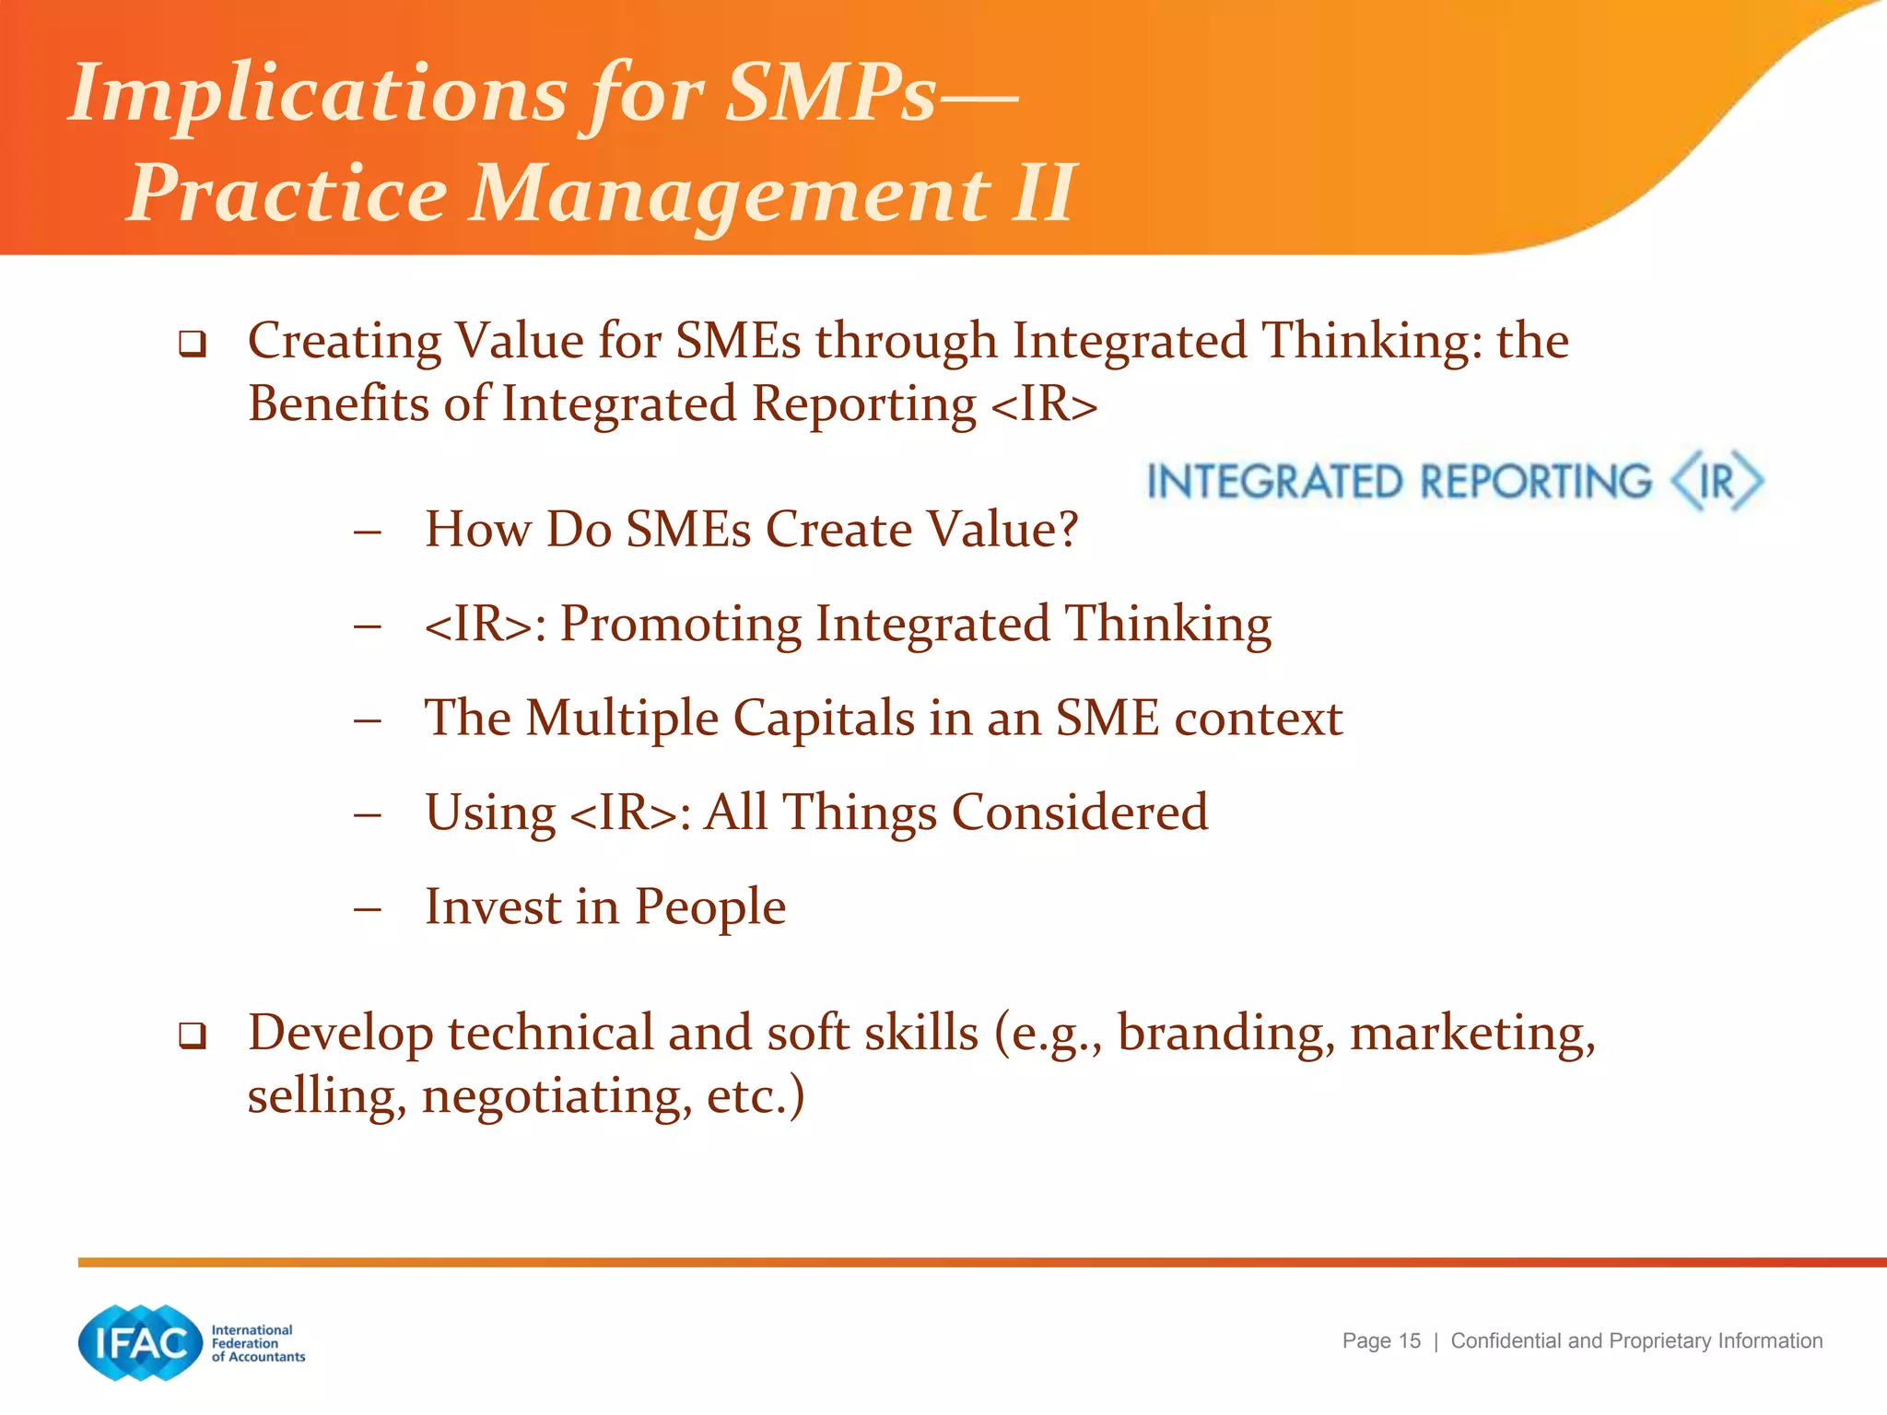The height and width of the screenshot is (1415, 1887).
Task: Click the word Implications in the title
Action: [x=318, y=94]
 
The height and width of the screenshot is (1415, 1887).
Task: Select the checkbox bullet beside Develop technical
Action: [x=192, y=1036]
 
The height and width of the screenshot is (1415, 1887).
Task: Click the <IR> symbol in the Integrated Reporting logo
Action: [x=1717, y=481]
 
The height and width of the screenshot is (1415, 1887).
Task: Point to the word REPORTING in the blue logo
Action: [x=1535, y=482]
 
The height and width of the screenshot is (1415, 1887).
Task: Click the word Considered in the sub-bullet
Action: [x=1079, y=813]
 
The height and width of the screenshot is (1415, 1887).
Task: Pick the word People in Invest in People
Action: [x=709, y=906]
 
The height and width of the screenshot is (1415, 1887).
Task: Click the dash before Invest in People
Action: [x=367, y=909]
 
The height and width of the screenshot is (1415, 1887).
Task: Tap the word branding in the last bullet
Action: [x=1225, y=1033]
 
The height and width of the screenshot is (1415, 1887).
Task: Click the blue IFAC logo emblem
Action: [x=140, y=1343]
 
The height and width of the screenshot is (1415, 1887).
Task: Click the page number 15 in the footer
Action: [x=1409, y=1341]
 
